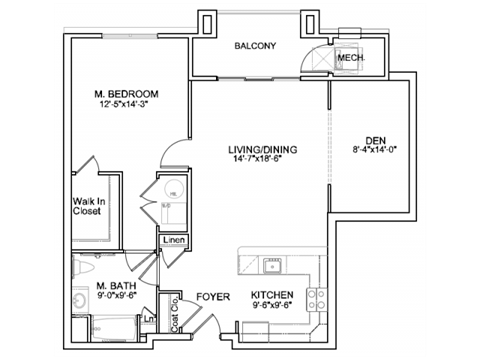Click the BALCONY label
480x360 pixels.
255,46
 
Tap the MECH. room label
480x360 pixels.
350,58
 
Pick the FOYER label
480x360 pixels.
213,297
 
